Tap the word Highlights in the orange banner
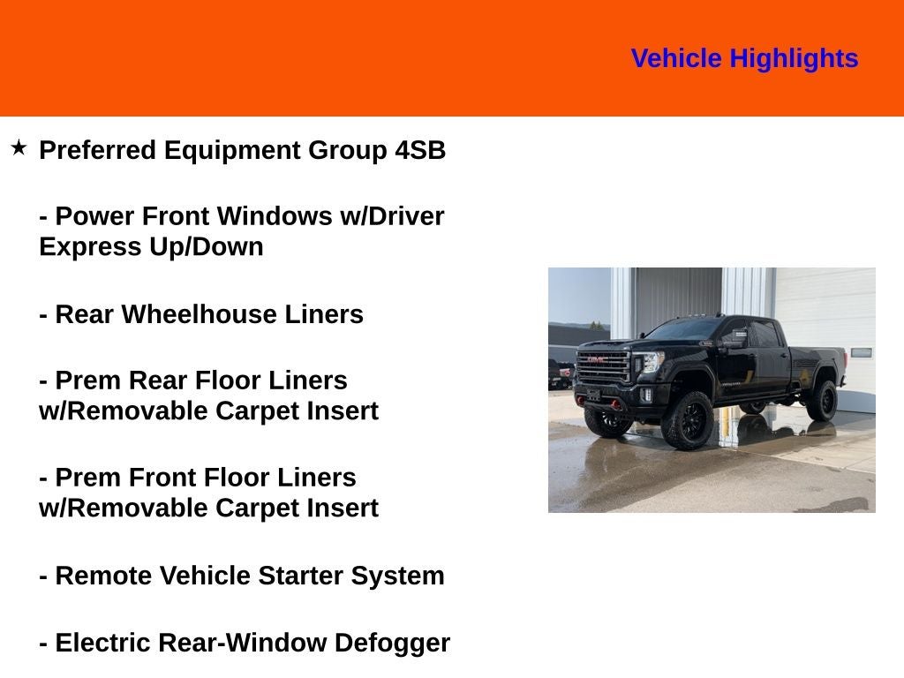(794, 59)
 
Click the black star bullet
(19, 147)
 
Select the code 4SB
(420, 150)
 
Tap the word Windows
(275, 216)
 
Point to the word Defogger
(392, 644)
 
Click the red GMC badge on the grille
(598, 359)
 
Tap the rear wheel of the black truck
(822, 400)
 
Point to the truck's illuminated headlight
(652, 361)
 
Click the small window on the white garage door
(862, 353)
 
